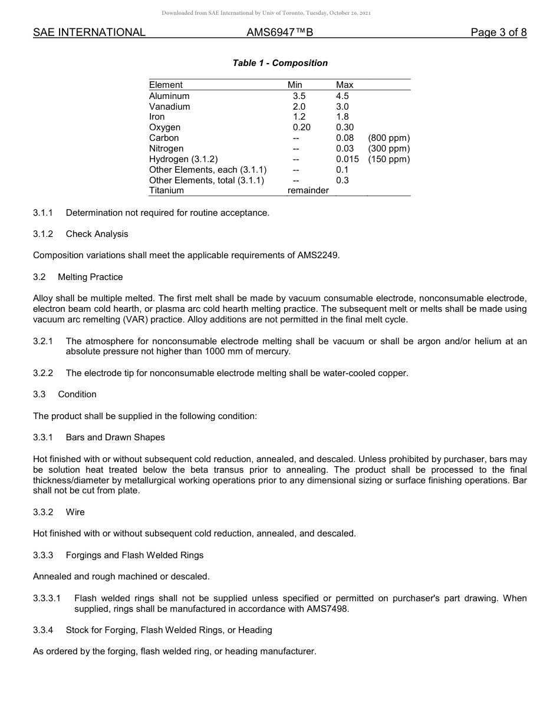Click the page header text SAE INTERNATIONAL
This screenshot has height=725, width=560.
(x=89, y=32)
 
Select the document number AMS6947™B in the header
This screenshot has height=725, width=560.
(x=279, y=32)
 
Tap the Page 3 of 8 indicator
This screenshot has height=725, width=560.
(x=498, y=32)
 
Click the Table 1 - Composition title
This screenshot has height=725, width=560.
(x=280, y=63)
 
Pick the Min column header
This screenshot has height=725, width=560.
(x=295, y=85)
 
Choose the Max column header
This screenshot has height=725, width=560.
(x=344, y=85)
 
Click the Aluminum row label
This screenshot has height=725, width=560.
(x=169, y=96)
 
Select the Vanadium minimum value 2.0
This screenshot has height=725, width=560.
(x=299, y=107)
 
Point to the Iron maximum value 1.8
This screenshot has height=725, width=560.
(x=342, y=117)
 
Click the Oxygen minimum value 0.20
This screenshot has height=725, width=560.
(x=301, y=127)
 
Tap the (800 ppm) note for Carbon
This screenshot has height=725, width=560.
(x=388, y=138)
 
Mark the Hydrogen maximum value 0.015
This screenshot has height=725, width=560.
(x=347, y=159)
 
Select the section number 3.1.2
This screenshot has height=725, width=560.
(x=43, y=234)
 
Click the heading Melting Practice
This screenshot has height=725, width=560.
(x=90, y=277)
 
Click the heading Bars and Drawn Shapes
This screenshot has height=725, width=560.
(x=115, y=437)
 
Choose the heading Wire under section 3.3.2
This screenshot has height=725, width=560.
(x=75, y=512)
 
